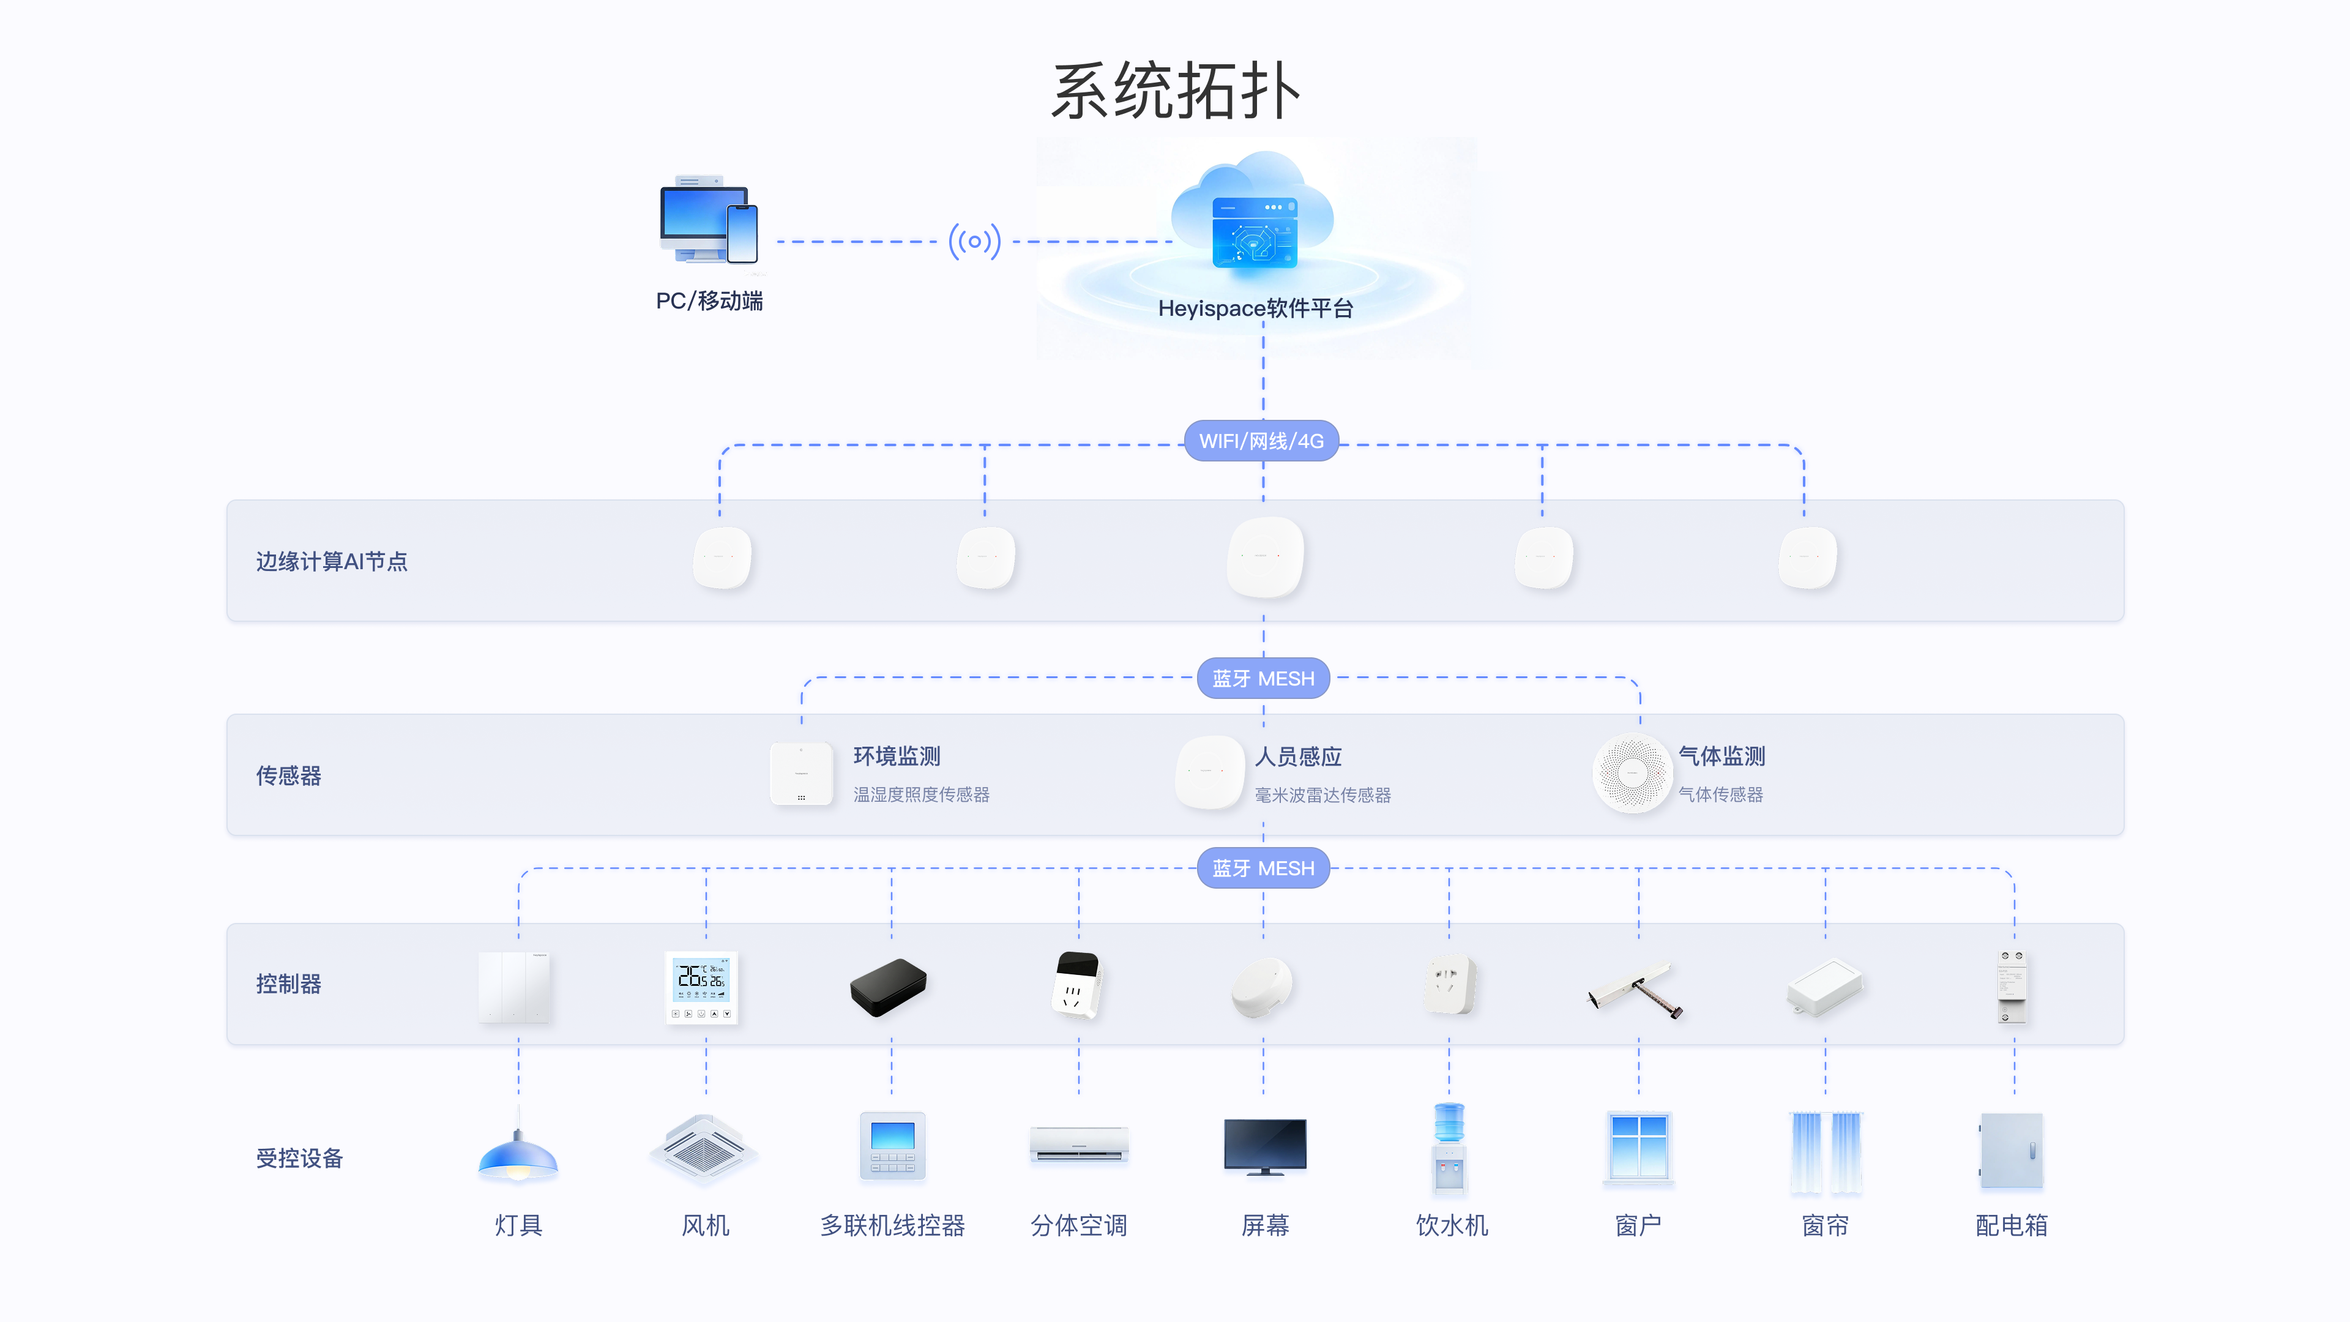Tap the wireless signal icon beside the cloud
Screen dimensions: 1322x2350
coord(974,242)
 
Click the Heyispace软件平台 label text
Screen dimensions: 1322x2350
coord(1255,309)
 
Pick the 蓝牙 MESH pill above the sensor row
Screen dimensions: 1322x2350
coord(1263,679)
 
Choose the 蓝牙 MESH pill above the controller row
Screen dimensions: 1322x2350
coord(1263,868)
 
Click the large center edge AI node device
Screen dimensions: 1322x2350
coord(1264,556)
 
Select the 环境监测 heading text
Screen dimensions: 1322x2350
coord(896,756)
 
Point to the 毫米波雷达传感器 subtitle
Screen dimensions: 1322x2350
coord(1322,796)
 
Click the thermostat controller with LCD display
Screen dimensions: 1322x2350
coord(701,987)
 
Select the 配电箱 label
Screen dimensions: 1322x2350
coord(2010,1225)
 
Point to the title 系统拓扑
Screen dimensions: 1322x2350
coord(1175,91)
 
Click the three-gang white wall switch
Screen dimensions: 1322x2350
coord(515,987)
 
